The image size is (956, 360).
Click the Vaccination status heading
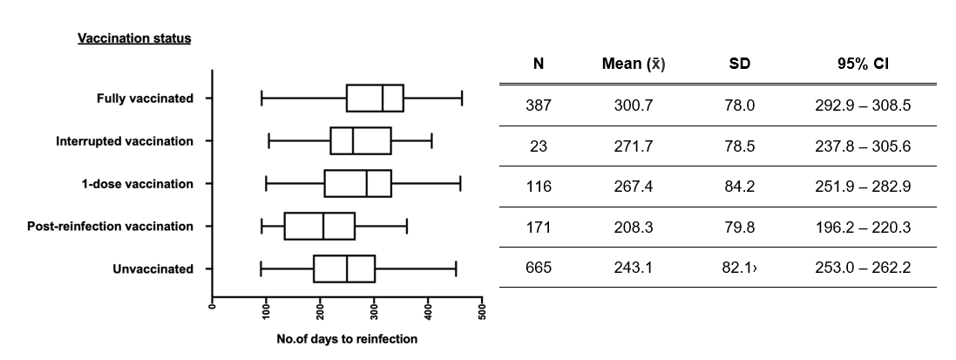[134, 39]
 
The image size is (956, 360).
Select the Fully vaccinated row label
[145, 98]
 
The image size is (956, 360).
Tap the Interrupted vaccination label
[125, 141]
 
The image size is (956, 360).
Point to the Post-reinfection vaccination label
[110, 227]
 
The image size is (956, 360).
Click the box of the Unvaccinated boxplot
[344, 269]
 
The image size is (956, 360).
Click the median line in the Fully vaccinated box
[383, 98]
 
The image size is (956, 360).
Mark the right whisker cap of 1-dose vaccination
[460, 184]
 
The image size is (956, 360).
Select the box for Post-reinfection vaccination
[319, 227]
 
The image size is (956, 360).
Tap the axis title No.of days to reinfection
[347, 339]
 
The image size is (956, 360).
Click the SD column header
[739, 65]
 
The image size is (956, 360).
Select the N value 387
[538, 106]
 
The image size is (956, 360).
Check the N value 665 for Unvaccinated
[538, 268]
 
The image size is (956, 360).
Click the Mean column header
[633, 65]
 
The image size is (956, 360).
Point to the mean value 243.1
[633, 268]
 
